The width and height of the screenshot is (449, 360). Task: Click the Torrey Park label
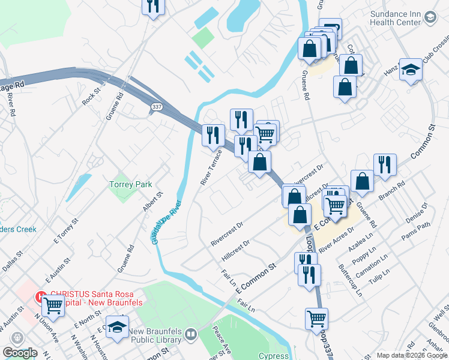click(130, 184)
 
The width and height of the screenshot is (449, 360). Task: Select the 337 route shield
click(155, 107)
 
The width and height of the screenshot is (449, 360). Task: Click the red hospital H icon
click(41, 296)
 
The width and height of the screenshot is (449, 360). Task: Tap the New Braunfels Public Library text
click(155, 336)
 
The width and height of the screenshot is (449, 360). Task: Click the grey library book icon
click(190, 334)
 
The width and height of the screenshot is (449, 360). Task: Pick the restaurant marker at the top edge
click(154, 6)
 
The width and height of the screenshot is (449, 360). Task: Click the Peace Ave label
click(222, 340)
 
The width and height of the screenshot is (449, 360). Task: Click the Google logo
click(20, 353)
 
